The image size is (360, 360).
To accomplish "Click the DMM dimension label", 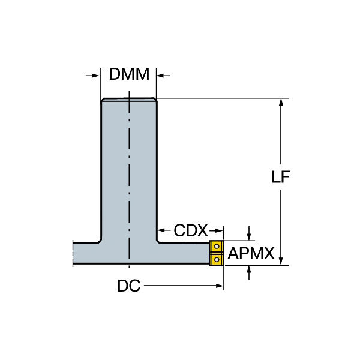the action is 129,74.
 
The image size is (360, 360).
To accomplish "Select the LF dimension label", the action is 281,177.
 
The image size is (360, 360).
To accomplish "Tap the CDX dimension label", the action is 191,230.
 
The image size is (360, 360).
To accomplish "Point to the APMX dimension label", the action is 251,253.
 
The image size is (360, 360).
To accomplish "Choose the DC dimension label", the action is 129,286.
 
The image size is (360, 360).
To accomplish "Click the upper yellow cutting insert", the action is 216,247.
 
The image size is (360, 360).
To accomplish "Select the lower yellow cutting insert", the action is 216,260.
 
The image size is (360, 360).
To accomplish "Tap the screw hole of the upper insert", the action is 217,247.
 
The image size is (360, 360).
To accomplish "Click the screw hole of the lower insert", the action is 217,260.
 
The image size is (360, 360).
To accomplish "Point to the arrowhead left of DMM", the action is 96,76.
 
